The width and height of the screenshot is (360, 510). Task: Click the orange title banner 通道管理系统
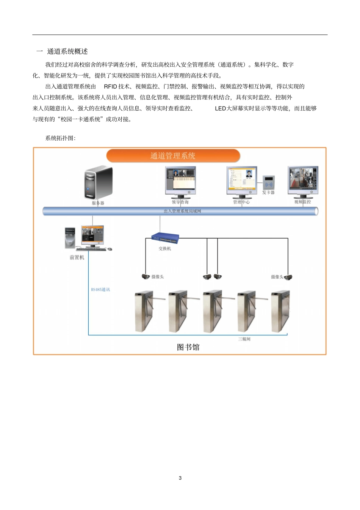pyautogui.click(x=173, y=155)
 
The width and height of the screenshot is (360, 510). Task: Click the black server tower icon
pyautogui.click(x=98, y=182)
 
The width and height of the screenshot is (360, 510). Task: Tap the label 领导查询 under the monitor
pyautogui.click(x=180, y=202)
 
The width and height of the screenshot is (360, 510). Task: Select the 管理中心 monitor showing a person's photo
pyautogui.click(x=242, y=180)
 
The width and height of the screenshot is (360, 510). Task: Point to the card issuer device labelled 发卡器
pyautogui.click(x=269, y=182)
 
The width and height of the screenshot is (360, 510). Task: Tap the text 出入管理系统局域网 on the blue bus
pyautogui.click(x=182, y=211)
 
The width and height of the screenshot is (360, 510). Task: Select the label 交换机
pyautogui.click(x=165, y=249)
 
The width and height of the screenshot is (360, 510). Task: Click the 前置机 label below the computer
pyautogui.click(x=77, y=257)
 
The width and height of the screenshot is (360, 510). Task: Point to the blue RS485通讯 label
pyautogui.click(x=100, y=290)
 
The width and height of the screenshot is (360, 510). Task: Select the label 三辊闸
pyautogui.click(x=244, y=339)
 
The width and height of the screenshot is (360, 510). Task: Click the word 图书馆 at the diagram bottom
pyautogui.click(x=188, y=347)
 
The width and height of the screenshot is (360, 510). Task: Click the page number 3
pyautogui.click(x=180, y=478)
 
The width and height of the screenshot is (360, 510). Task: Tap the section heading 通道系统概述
pyautogui.click(x=67, y=52)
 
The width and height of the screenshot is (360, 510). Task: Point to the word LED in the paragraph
pyautogui.click(x=220, y=108)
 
